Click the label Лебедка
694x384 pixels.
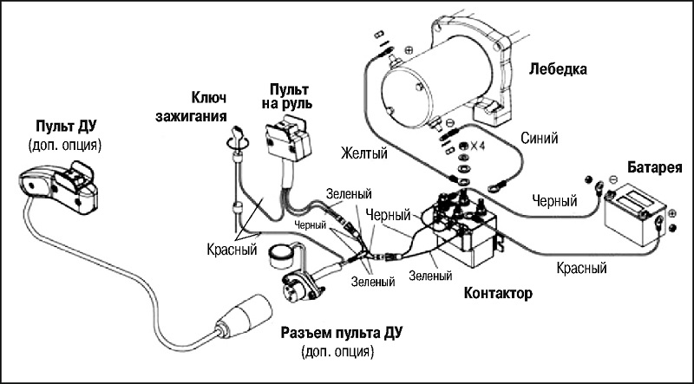558,69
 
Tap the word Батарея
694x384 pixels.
655,168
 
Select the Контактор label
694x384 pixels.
497,293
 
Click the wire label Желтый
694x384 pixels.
363,154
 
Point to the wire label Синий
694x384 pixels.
539,139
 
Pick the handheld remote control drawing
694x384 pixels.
58,186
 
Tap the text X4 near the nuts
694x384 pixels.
476,146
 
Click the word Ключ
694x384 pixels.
208,98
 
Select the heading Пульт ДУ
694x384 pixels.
66,127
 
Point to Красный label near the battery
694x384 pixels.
581,268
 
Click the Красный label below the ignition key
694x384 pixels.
232,250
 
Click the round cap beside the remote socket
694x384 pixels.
280,256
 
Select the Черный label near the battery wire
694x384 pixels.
554,201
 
